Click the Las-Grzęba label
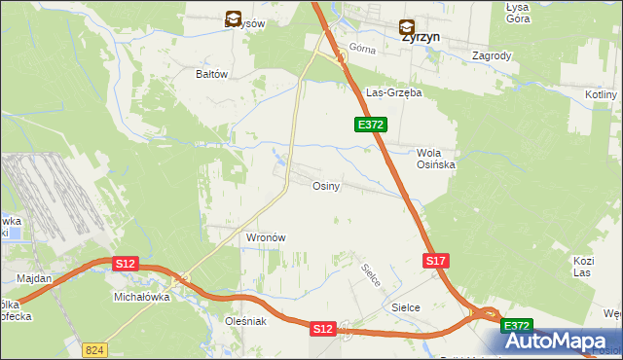(392, 93)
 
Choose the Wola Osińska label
(436, 159)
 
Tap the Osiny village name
(325, 186)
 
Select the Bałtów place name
(211, 74)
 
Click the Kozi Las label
(583, 267)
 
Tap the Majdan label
(34, 278)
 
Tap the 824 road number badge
(94, 347)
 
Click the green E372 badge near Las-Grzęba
(371, 125)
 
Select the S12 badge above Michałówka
(126, 264)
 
